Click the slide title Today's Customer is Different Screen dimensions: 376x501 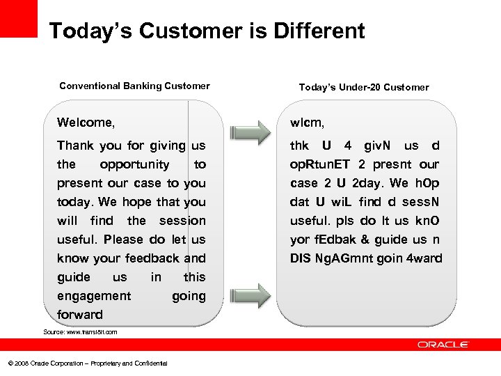(207, 31)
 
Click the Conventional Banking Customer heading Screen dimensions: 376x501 (134, 86)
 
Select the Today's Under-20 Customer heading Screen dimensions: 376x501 (363, 87)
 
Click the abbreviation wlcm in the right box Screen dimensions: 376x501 (307, 123)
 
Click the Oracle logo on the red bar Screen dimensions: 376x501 (443, 344)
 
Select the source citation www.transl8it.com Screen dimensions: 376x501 (80, 332)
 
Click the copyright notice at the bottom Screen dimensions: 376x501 (87, 363)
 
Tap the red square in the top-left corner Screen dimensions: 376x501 (18, 18)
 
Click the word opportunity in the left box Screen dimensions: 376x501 (134, 165)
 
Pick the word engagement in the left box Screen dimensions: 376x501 (94, 296)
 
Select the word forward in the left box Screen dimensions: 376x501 (80, 315)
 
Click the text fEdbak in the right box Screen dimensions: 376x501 (335, 240)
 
